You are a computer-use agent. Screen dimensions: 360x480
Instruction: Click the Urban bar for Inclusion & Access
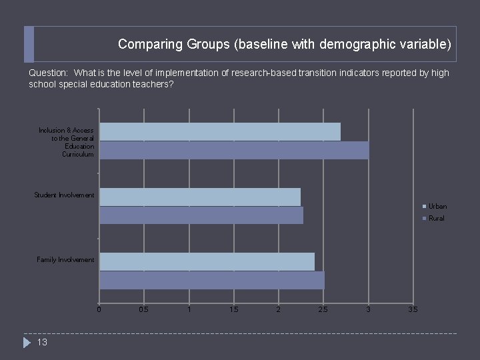pos(220,131)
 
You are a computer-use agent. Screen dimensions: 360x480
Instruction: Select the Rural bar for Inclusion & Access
pos(234,150)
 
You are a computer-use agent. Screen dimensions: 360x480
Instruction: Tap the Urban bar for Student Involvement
pos(200,197)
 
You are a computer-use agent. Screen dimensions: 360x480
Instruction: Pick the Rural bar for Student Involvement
pos(201,215)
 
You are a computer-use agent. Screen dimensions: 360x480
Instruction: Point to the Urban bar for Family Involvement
pos(207,261)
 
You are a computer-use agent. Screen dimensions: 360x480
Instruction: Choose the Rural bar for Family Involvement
pos(212,280)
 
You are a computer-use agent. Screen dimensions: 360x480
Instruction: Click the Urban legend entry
pos(437,207)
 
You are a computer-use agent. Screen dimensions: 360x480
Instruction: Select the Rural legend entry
pos(436,219)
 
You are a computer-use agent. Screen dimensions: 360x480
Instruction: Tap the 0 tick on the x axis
pos(99,309)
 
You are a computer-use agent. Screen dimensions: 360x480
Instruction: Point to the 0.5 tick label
pos(143,309)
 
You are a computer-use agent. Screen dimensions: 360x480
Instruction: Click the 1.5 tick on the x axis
pos(233,309)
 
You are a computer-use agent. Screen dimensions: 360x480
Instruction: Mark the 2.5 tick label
pos(323,309)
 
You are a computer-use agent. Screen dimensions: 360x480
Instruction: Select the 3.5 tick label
pos(413,309)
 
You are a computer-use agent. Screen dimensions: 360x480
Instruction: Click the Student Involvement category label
pos(65,195)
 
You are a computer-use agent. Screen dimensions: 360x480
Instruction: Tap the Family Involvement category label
pos(65,260)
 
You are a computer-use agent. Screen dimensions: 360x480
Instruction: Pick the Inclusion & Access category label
pos(67,142)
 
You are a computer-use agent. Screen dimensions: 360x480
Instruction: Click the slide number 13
pos(42,343)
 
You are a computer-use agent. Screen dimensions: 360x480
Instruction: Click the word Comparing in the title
pos(142,45)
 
